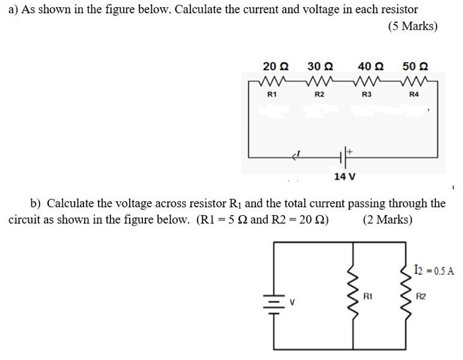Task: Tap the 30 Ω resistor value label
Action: pos(320,66)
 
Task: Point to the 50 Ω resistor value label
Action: pos(415,66)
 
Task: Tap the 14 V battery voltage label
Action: pos(345,177)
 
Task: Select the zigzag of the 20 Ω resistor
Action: pos(273,83)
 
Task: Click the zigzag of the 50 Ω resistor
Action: pos(416,83)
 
